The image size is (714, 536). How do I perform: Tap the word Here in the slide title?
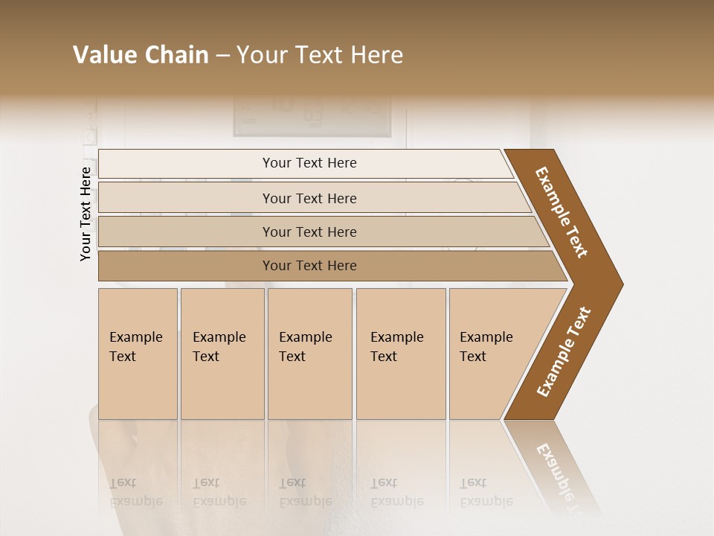[x=376, y=55]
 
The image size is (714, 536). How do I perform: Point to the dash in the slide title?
[x=222, y=56]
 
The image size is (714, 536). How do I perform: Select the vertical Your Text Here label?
[x=86, y=214]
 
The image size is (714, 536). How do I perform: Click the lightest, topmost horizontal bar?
[x=309, y=163]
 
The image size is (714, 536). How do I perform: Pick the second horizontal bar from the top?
[x=309, y=198]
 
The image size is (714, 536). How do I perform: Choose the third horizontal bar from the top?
[x=309, y=232]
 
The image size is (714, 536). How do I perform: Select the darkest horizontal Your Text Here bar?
[x=309, y=266]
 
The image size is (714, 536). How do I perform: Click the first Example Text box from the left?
[x=138, y=354]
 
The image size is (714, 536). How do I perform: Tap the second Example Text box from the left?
[x=222, y=354]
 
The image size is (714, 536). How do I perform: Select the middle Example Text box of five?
[x=309, y=354]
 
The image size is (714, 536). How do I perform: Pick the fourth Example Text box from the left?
[x=400, y=354]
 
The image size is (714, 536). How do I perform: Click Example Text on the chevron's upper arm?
[x=562, y=212]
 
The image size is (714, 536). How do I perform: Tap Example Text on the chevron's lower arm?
[x=564, y=351]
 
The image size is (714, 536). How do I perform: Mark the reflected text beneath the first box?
[x=135, y=492]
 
